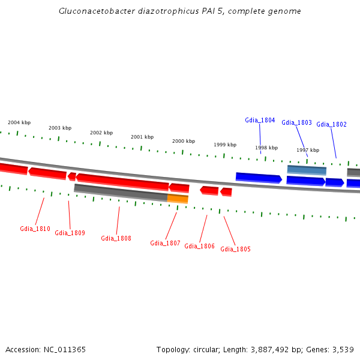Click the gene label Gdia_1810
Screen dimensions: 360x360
pos(35,229)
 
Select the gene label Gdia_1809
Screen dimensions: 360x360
pos(70,233)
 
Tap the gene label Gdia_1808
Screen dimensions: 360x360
pos(116,238)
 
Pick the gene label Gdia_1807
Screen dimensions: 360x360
pos(165,243)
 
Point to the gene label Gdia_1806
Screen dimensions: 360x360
pos(199,246)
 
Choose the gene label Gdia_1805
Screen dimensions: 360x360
pos(235,249)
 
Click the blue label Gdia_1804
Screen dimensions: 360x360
pos(260,120)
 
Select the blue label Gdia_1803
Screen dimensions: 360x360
pos(296,122)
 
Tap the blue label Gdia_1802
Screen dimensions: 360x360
pos(331,124)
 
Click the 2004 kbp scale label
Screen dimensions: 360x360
pos(18,122)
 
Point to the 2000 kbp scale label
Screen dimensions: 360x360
pos(183,141)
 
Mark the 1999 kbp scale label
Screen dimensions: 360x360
pos(225,145)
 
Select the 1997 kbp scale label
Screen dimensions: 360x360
pos(307,150)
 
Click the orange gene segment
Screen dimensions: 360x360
pos(178,199)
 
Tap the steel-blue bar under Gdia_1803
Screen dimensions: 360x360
pos(307,170)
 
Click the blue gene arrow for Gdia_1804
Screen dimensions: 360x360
pos(258,177)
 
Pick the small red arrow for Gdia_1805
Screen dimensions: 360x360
pos(226,192)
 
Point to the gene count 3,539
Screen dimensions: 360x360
pos(341,349)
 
